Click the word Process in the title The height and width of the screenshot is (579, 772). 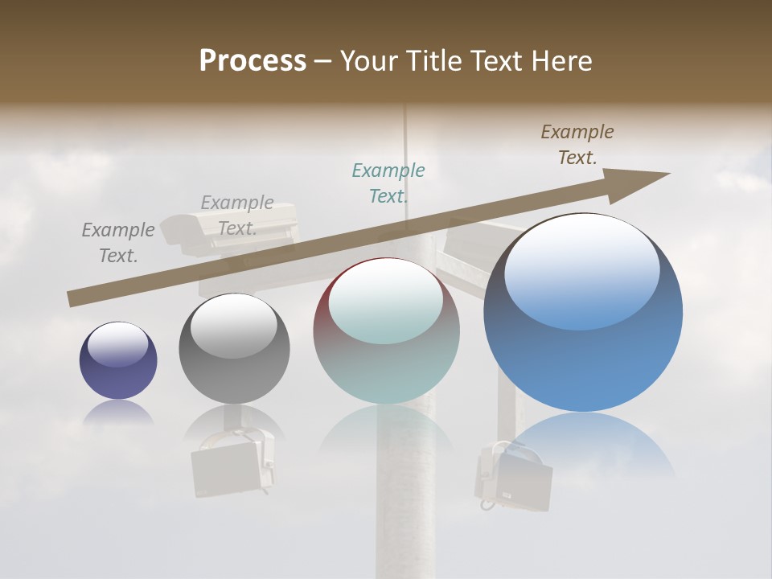253,61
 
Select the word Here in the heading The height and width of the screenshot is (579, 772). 560,61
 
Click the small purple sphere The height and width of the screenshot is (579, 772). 118,360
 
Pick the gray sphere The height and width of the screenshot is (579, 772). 234,349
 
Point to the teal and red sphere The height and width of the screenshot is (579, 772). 386,331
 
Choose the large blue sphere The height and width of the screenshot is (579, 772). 583,312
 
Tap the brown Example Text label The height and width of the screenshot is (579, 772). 577,145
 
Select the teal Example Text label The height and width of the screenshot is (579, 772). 388,183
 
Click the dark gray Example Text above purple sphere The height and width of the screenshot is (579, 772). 118,242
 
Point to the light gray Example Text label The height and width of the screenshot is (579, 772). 237,215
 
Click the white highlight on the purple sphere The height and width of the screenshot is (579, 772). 117,345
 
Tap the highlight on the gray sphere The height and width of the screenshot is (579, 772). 233,326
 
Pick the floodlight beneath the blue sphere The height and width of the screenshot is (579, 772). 512,478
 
